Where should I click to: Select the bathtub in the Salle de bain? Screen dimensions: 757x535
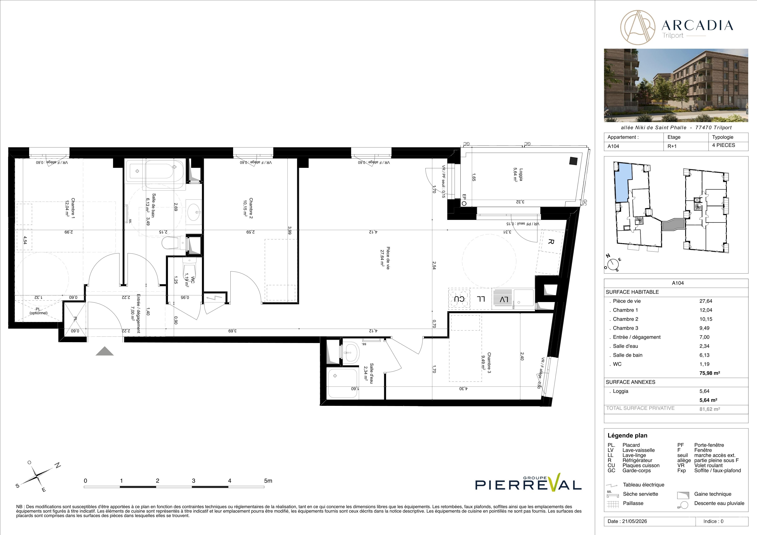tap(155, 171)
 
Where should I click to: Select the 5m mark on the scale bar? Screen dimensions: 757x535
tap(268, 481)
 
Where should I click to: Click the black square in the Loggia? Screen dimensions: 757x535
tap(573, 161)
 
